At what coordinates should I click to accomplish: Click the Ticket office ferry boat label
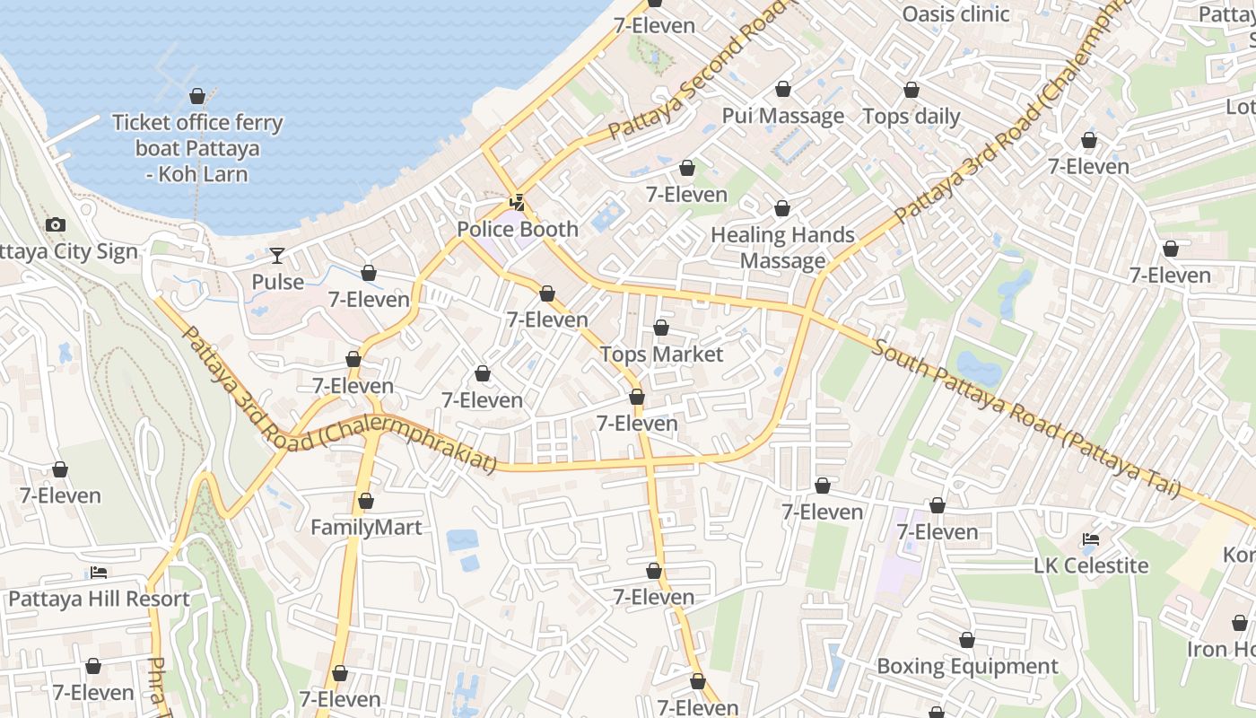(197, 148)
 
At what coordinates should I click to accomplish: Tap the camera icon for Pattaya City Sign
(56, 225)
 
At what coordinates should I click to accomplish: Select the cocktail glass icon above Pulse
(277, 256)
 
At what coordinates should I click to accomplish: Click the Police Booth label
(518, 229)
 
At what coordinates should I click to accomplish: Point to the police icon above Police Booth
(517, 203)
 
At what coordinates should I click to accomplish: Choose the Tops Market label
(661, 355)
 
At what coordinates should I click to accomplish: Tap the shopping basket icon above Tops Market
(661, 328)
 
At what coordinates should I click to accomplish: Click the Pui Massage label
(783, 116)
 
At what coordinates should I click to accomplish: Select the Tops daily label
(911, 116)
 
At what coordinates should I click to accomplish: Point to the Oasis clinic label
(955, 14)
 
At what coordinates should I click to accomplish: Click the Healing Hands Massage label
(782, 248)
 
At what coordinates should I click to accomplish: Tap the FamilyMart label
(366, 527)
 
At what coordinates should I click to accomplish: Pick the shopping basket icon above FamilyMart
(366, 501)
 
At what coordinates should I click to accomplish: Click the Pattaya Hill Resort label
(99, 599)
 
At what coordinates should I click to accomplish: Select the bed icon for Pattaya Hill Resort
(99, 573)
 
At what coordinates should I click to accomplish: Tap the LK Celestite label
(1091, 565)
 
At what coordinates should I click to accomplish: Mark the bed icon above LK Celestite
(1091, 539)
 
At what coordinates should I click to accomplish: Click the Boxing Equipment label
(967, 666)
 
